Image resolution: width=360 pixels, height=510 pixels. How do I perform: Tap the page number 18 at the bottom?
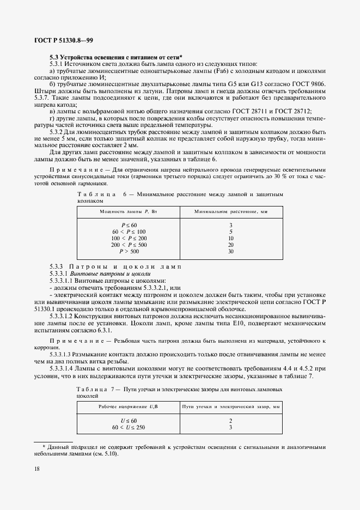pyautogui.click(x=37, y=469)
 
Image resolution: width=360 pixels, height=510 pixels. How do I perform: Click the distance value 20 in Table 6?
pyautogui.click(x=231, y=245)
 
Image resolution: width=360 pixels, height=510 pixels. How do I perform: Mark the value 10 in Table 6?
pyautogui.click(x=231, y=239)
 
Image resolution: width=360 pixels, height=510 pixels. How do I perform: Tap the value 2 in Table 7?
pyautogui.click(x=231, y=421)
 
